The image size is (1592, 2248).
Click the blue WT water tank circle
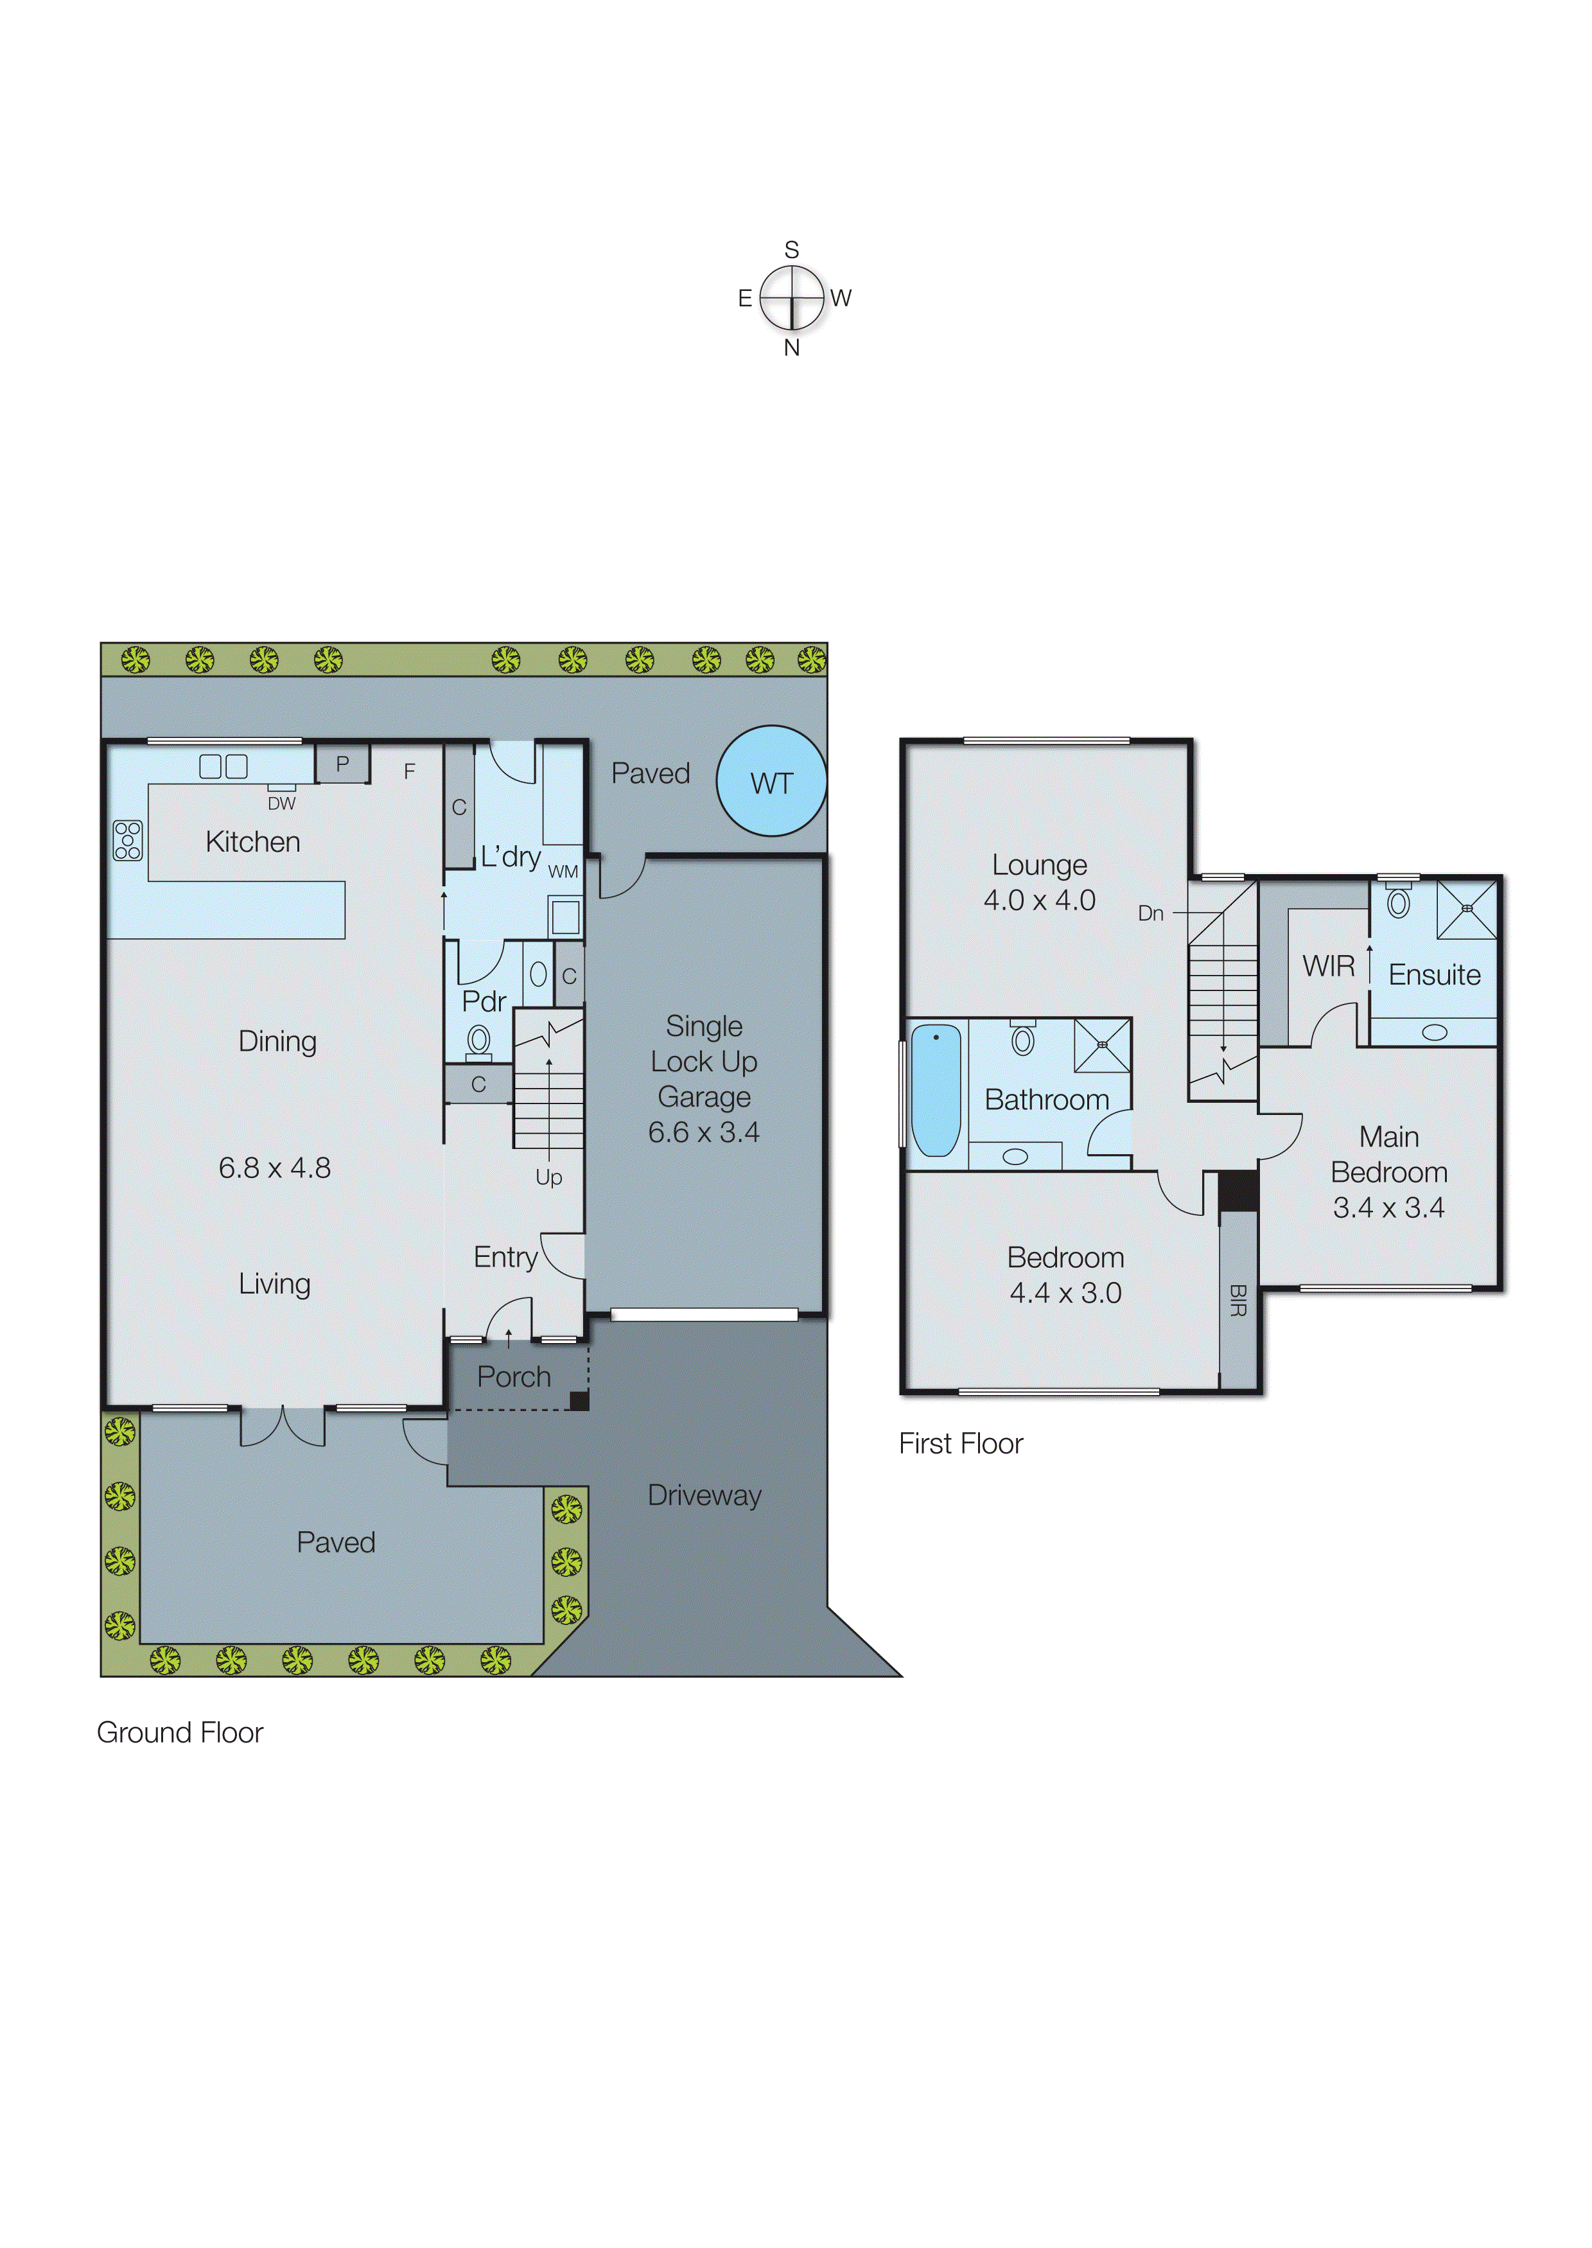pos(771,782)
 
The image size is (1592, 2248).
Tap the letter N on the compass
pos(792,348)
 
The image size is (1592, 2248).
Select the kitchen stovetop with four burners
pos(127,840)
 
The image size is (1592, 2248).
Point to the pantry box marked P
pos(342,764)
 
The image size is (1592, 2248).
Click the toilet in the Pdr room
pos(478,1040)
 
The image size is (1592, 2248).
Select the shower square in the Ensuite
pos(1467,909)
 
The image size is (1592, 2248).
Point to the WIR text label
pos(1328,967)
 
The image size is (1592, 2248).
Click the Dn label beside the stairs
pos(1151,914)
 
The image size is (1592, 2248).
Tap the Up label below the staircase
pos(549,1177)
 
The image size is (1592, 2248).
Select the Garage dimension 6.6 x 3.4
pos(704,1132)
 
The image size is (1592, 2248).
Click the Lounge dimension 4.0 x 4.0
pos(1039,900)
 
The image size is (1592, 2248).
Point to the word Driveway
pos(704,1495)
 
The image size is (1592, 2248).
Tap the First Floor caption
pos(961,1444)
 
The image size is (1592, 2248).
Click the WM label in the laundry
pos(563,872)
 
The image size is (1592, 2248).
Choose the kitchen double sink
pos(223,766)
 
